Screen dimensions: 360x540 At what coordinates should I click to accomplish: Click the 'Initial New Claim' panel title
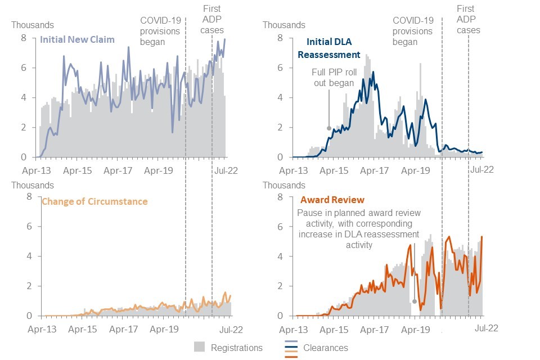point(77,40)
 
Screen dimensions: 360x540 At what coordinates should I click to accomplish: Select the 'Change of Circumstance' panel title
point(94,201)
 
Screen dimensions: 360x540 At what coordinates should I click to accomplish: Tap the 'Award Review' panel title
point(332,200)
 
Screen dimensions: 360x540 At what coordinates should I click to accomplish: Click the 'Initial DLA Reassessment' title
point(332,48)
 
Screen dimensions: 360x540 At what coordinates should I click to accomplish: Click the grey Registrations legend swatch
point(199,347)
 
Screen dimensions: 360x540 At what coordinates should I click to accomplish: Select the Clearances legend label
point(325,348)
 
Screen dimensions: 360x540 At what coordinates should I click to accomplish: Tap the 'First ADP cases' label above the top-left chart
point(213,19)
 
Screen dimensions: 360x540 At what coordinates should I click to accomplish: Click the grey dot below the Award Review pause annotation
point(415,301)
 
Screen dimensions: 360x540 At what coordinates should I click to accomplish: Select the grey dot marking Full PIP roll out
point(329,128)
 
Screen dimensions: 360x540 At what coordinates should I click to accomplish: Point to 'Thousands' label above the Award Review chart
point(283,185)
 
